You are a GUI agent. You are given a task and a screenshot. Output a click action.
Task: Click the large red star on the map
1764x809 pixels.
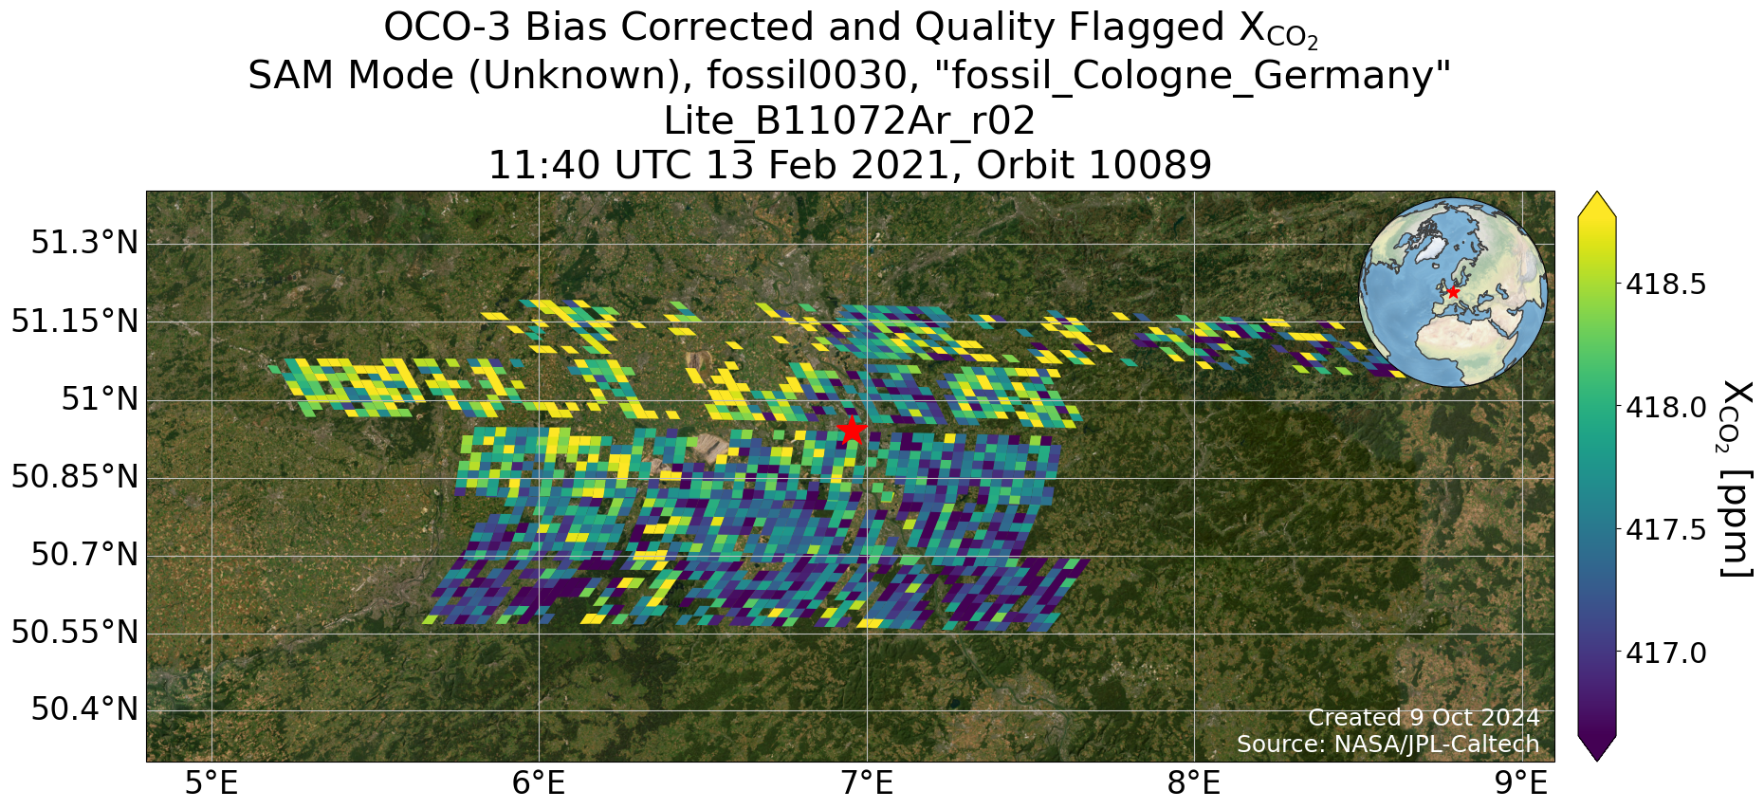pyautogui.click(x=852, y=430)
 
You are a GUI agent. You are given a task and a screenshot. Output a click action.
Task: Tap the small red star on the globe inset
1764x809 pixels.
pyautogui.click(x=1452, y=292)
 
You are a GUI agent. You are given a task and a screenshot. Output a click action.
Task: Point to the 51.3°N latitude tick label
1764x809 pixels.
pyautogui.click(x=84, y=243)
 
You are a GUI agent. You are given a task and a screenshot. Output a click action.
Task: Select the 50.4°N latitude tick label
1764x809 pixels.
pyautogui.click(x=84, y=708)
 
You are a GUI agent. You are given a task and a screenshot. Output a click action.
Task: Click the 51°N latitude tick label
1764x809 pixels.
pyautogui.click(x=100, y=398)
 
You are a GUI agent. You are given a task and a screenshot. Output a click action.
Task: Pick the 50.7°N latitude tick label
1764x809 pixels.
pyautogui.click(x=84, y=554)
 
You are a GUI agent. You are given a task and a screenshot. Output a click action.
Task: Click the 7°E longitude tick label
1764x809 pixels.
pyautogui.click(x=867, y=784)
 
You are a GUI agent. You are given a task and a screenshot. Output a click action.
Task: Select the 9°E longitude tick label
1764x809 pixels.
pyautogui.click(x=1521, y=784)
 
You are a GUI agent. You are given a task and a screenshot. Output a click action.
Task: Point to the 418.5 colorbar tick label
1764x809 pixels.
pyautogui.click(x=1666, y=285)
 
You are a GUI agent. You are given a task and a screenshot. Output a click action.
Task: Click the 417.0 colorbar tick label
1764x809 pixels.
pyautogui.click(x=1666, y=653)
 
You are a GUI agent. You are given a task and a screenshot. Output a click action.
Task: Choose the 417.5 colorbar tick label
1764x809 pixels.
pyautogui.click(x=1666, y=530)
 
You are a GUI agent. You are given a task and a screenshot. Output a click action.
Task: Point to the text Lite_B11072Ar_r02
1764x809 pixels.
pyautogui.click(x=849, y=121)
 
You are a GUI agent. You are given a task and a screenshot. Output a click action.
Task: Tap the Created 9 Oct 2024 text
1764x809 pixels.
pyautogui.click(x=1424, y=718)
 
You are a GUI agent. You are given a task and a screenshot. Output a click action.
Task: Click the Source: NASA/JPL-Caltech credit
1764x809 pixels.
pyautogui.click(x=1388, y=745)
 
